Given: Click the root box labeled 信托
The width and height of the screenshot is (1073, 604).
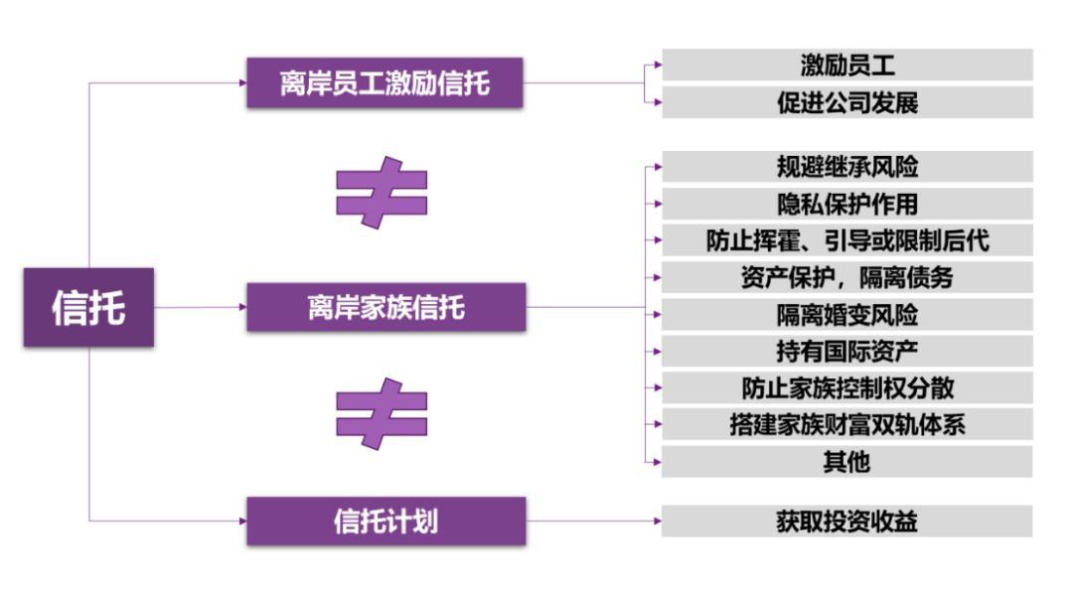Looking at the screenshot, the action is pyautogui.click(x=89, y=307).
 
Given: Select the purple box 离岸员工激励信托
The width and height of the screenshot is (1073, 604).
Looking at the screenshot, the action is pyautogui.click(x=384, y=82).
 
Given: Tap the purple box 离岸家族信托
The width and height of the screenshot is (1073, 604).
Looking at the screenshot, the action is pyautogui.click(x=385, y=307).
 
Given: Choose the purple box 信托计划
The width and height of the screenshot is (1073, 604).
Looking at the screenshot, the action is pyautogui.click(x=385, y=522).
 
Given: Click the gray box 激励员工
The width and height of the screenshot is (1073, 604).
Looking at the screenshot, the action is pyautogui.click(x=847, y=65).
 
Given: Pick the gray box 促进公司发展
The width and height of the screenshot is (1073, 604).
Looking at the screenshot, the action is pyautogui.click(x=847, y=102).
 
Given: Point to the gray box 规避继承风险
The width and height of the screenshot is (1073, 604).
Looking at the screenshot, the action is pyautogui.click(x=847, y=167).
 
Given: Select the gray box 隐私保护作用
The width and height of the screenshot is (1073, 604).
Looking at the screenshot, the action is pyautogui.click(x=847, y=204).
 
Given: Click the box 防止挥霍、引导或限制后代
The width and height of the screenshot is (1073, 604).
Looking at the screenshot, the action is pyautogui.click(x=847, y=240).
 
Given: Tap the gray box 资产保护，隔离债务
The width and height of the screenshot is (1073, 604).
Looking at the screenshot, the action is pyautogui.click(x=847, y=278).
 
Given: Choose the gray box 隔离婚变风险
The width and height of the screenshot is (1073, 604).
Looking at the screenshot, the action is pyautogui.click(x=847, y=315).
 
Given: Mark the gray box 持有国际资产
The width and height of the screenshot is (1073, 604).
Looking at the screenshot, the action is pyautogui.click(x=847, y=352).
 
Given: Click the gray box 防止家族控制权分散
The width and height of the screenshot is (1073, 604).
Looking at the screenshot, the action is pyautogui.click(x=847, y=387).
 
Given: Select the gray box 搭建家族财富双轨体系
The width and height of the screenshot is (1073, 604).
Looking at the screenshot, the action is pyautogui.click(x=847, y=425).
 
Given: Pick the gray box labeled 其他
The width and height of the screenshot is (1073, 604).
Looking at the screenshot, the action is pyautogui.click(x=847, y=462).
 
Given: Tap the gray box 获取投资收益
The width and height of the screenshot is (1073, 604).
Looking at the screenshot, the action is pyautogui.click(x=847, y=522).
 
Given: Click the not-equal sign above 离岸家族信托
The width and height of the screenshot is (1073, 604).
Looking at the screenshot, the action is pyautogui.click(x=382, y=192).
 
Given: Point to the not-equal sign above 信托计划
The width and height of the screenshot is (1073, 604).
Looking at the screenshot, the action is pyautogui.click(x=382, y=414).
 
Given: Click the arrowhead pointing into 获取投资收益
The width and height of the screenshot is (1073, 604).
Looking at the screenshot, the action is pyautogui.click(x=658, y=522).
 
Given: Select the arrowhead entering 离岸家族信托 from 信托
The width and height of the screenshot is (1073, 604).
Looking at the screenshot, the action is pyautogui.click(x=243, y=307).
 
